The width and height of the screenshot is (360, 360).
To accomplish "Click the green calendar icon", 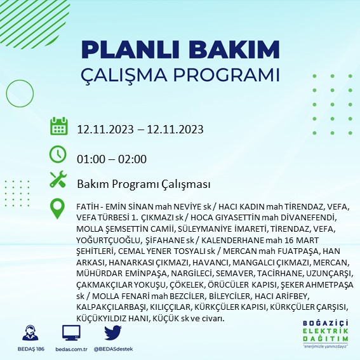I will (58, 126).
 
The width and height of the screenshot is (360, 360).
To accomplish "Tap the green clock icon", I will (58, 154).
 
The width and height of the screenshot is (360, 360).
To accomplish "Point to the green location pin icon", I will (58, 208).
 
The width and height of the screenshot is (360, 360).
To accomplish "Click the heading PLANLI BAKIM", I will (181, 50).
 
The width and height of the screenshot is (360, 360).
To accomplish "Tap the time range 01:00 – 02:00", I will (112, 159).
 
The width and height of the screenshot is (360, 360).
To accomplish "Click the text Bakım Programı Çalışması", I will (143, 184).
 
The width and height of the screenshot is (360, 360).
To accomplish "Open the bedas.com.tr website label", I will (72, 349).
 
